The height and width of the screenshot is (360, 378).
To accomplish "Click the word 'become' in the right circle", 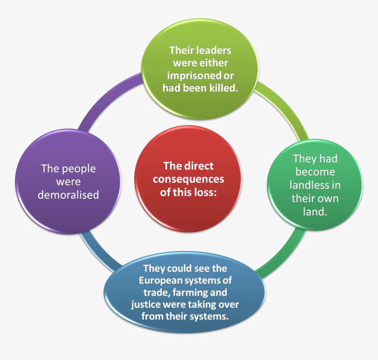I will pos(315,172).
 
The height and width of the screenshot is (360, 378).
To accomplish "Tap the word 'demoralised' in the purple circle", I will pos(68,194).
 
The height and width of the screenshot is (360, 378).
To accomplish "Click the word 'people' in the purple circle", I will pos(79,169).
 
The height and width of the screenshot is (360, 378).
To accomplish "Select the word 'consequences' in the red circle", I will pos(188,179).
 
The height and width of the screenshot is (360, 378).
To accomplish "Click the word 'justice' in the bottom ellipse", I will pos(147,304).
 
